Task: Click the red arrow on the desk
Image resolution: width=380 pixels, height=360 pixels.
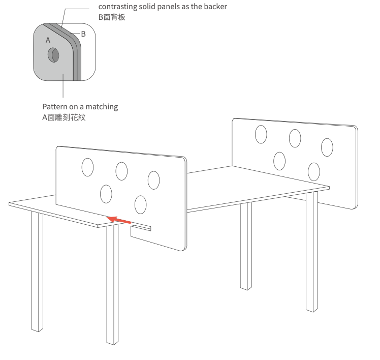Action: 119,220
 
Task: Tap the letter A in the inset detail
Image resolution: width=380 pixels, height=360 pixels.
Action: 48,40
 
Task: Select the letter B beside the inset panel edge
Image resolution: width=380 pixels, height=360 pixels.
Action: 83,34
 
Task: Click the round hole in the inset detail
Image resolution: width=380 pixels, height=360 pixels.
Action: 53,55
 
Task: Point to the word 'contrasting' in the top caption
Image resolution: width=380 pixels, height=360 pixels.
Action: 117,7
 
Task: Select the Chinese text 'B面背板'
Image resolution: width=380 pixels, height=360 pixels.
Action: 112,17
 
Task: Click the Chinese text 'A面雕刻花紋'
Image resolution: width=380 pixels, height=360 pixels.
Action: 64,117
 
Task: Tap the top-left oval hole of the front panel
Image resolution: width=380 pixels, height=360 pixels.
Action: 87,167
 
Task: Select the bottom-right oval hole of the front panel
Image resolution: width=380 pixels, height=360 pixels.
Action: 141,204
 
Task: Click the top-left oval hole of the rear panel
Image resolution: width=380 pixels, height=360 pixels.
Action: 261,134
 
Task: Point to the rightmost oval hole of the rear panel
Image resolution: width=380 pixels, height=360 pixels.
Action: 327,147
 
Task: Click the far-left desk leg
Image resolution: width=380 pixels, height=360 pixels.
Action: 37,271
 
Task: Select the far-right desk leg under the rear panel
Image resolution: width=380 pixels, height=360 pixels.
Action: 312,252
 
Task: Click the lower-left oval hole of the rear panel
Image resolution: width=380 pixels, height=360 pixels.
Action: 279,161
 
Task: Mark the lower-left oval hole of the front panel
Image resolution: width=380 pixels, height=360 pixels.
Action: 106,194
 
